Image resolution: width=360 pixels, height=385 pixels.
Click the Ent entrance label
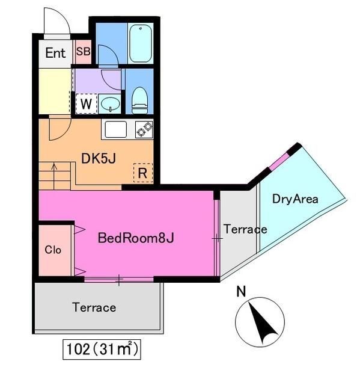tap(55, 53)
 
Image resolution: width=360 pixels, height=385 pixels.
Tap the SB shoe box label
tap(83, 52)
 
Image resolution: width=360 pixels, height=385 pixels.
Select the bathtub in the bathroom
tap(141, 43)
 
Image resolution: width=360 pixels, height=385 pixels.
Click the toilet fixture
tap(139, 100)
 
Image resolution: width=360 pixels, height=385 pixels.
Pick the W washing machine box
tap(86, 104)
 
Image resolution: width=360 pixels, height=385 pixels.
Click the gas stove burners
tap(144, 129)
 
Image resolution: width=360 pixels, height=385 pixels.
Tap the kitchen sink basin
tap(116, 129)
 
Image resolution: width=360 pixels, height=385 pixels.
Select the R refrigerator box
tap(143, 173)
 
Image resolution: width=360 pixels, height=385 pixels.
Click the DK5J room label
tap(99, 158)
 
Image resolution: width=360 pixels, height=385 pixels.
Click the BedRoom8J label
tap(136, 238)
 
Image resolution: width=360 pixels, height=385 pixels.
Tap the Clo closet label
tap(53, 250)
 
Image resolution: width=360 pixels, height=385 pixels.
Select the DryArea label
tap(295, 199)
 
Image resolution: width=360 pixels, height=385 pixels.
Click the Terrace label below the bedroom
tap(94, 307)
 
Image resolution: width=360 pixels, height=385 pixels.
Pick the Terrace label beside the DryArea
tap(245, 229)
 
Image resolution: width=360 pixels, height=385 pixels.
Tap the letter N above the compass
tap(241, 292)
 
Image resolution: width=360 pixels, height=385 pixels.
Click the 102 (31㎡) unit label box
tap(102, 349)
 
